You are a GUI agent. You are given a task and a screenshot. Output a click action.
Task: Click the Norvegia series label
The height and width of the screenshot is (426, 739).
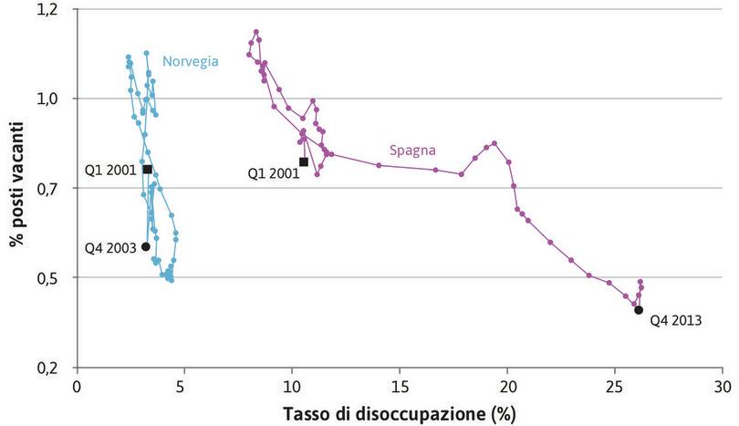tap(190, 62)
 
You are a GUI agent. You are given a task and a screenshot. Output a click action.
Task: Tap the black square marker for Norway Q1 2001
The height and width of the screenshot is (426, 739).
tap(147, 169)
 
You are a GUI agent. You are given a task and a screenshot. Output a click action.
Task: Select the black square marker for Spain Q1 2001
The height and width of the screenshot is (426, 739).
tap(303, 161)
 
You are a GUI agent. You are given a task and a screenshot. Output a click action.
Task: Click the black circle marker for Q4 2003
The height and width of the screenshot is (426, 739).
tap(146, 246)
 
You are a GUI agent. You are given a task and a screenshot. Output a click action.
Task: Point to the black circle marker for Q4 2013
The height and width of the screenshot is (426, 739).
tap(639, 310)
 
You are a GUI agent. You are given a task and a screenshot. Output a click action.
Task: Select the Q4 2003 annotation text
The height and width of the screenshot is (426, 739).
tap(110, 247)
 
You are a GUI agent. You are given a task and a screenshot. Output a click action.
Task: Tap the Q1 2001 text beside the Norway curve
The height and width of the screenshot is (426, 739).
tap(110, 170)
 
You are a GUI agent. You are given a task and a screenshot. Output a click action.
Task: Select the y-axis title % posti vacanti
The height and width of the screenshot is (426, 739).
tap(16, 188)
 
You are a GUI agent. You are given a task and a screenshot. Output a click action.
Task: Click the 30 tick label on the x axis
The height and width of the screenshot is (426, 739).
tap(723, 386)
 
